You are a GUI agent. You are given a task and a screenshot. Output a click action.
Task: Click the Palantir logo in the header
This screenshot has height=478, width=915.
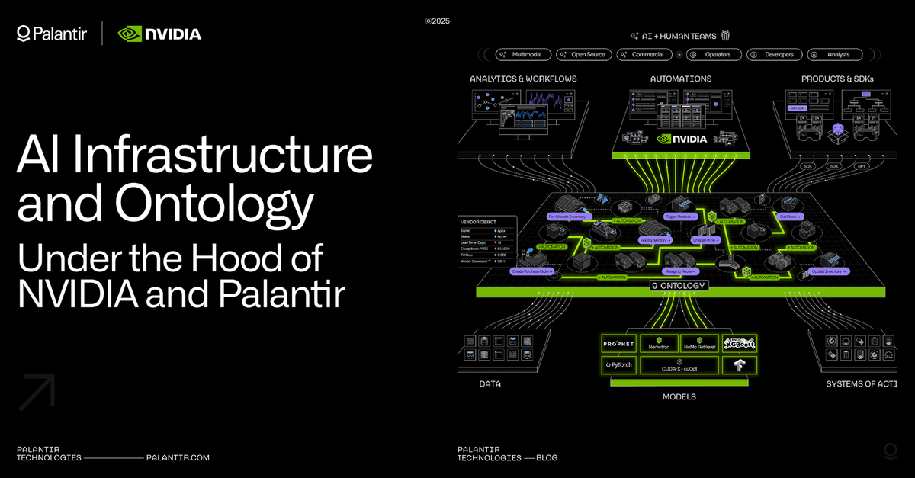point(52,34)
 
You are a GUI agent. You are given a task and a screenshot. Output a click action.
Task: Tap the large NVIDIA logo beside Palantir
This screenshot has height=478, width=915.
point(159,34)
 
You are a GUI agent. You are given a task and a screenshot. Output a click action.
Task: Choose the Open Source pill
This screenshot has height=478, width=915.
point(583,55)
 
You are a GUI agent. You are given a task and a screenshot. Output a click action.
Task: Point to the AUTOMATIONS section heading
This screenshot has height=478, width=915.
point(680,79)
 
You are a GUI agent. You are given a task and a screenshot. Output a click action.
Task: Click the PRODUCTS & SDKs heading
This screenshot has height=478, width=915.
point(837,79)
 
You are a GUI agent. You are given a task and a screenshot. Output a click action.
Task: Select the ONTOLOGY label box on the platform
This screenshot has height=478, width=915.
point(678,286)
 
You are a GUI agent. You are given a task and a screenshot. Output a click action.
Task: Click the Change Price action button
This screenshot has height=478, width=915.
point(707,240)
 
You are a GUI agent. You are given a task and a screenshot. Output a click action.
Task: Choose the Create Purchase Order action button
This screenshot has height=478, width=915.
point(532,271)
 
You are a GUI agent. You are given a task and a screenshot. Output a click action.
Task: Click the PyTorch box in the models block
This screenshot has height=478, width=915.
point(618,365)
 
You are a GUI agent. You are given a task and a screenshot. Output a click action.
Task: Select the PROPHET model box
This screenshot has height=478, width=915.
point(618,344)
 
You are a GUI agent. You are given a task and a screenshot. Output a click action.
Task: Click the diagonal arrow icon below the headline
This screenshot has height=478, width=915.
point(37,392)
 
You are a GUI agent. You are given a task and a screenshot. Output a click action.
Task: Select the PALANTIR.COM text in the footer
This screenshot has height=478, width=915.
point(177,457)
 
